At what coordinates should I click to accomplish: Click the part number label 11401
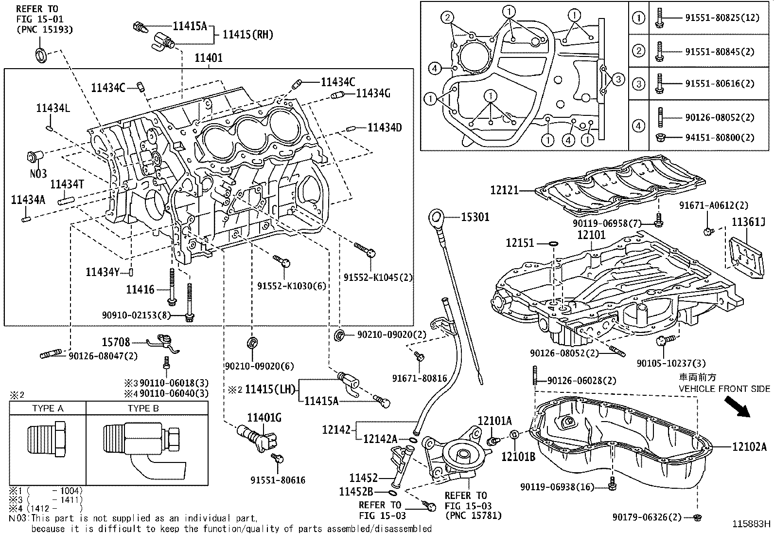[209, 58]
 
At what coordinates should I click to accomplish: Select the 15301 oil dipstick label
[475, 217]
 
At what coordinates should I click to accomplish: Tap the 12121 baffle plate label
[504, 191]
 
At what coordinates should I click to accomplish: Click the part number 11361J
[749, 222]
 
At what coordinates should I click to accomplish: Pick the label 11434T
[68, 184]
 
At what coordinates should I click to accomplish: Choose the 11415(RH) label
[247, 35]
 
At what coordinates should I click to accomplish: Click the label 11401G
[264, 418]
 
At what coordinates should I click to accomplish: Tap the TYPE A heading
[48, 408]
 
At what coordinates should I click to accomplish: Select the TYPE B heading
[143, 408]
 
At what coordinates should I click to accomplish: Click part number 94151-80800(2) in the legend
[720, 137]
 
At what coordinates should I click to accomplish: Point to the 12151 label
[520, 242]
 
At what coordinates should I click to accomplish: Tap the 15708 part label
[116, 343]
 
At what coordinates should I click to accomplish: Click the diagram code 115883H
[752, 524]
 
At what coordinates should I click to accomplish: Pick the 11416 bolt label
[140, 290]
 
